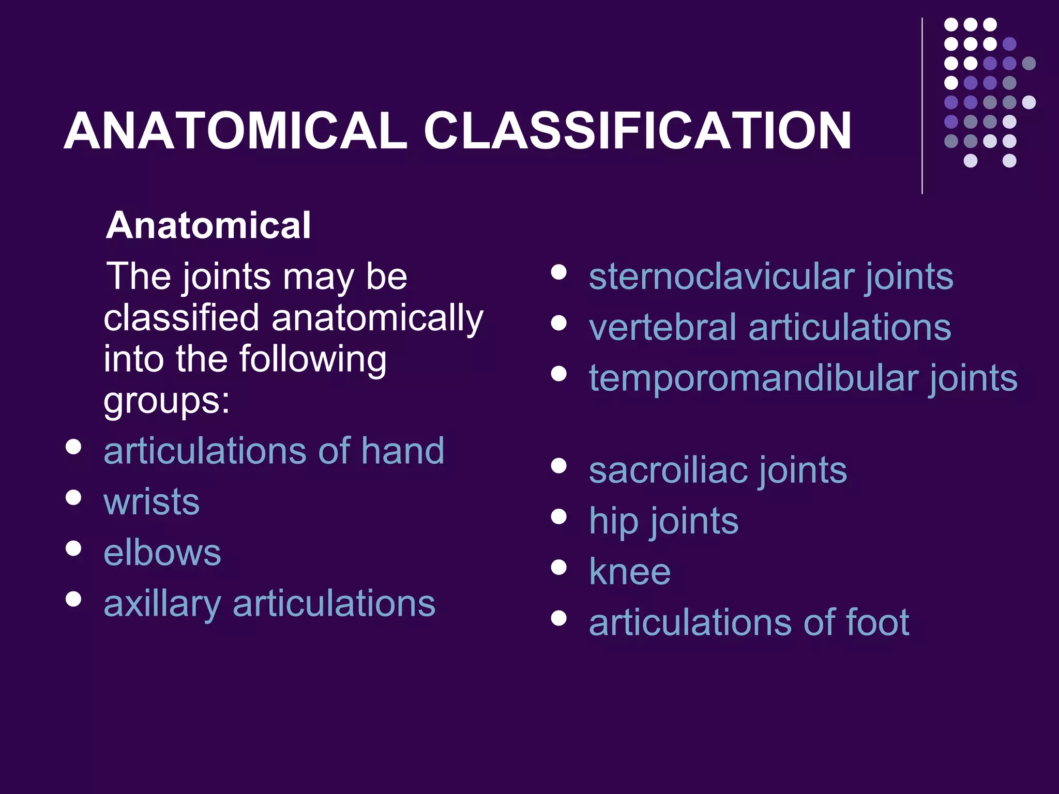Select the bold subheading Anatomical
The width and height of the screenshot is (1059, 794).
point(208,225)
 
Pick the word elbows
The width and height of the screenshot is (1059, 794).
point(162,552)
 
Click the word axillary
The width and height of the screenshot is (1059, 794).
point(162,604)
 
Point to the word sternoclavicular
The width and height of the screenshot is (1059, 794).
point(721,277)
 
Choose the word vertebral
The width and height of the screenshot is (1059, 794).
point(662,327)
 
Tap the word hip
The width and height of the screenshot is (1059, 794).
point(613,521)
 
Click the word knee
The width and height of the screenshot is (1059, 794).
point(630,572)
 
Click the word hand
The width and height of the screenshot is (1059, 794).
point(402,451)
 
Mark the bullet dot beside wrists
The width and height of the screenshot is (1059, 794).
point(74,497)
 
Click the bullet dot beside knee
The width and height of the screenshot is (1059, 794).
point(558,568)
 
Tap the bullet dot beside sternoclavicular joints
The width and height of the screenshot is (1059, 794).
point(558,272)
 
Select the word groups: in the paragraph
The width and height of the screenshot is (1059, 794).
point(167,401)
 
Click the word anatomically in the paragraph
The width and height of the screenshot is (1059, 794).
point(377,318)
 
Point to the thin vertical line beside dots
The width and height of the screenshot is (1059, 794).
point(922,106)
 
